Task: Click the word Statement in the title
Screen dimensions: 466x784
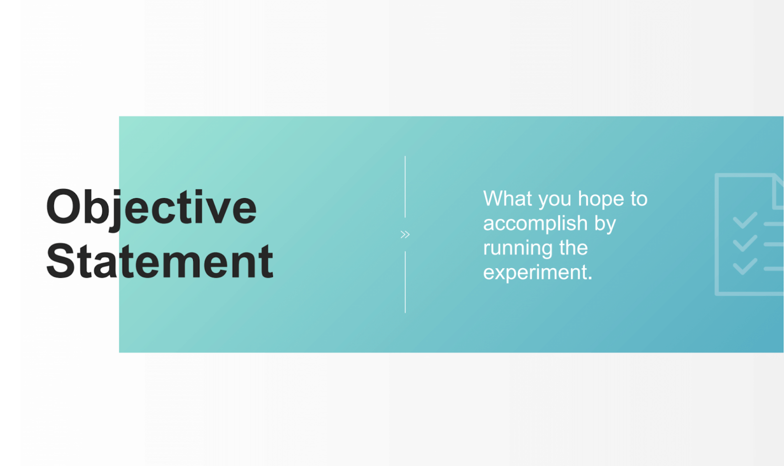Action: [x=159, y=262]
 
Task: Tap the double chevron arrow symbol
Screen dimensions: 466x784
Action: [x=405, y=235]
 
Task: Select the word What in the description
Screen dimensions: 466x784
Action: [x=507, y=199]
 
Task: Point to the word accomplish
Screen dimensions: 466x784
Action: [x=535, y=224]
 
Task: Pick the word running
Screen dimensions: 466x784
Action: [x=518, y=248]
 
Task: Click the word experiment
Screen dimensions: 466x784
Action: [x=538, y=272]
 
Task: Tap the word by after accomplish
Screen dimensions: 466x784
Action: [x=605, y=224]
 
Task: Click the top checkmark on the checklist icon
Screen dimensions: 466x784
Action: [x=745, y=221]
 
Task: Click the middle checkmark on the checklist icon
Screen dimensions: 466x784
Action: [x=745, y=243]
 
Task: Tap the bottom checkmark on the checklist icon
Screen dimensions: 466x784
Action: [x=745, y=266]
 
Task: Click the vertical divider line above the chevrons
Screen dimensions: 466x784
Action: [x=405, y=187]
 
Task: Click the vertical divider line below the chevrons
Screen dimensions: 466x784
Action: [x=405, y=282]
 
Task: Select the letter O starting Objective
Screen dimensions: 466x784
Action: [x=63, y=207]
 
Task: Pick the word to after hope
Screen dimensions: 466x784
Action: [x=638, y=199]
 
